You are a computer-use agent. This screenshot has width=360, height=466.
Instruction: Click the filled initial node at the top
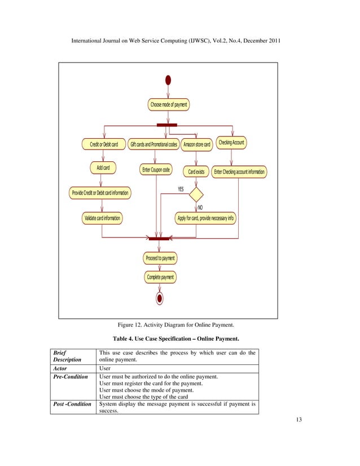168,80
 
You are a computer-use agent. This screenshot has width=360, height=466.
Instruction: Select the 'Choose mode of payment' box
169,105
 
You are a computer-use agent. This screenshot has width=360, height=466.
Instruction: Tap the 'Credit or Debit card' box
104,144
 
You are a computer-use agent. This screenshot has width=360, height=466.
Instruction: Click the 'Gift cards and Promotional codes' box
153,144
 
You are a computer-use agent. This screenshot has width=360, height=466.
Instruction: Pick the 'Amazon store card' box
197,145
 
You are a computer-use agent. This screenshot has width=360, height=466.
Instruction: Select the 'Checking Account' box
231,143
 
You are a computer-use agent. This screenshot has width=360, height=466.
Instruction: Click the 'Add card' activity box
103,168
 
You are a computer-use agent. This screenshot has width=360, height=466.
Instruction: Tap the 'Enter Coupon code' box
156,170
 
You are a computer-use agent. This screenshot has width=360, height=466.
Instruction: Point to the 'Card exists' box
196,171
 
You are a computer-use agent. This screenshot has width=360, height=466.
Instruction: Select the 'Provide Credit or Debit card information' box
100,193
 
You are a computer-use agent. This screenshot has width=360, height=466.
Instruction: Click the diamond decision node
196,194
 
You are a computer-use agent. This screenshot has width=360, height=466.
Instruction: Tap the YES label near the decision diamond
181,189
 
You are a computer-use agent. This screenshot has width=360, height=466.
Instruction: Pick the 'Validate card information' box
102,218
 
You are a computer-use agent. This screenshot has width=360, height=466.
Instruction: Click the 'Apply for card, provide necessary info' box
205,218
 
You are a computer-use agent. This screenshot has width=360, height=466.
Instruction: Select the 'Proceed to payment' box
160,258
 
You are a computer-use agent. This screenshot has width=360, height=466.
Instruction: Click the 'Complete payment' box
160,277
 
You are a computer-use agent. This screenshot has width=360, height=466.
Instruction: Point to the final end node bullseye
160,298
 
